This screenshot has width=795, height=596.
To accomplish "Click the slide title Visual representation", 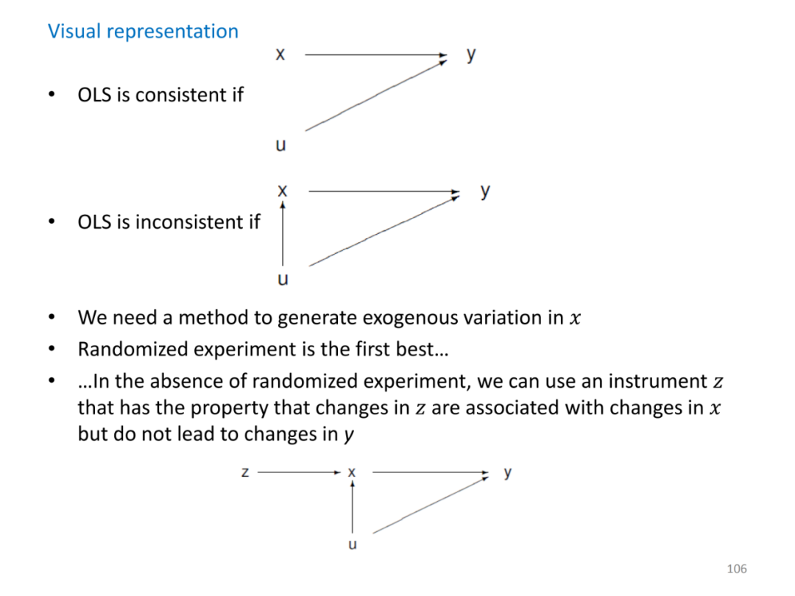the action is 143,31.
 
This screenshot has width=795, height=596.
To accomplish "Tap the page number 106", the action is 736,568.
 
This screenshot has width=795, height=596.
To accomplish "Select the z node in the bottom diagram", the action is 245,472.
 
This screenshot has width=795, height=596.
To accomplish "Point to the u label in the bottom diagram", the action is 352,545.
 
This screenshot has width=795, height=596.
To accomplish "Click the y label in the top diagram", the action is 471,54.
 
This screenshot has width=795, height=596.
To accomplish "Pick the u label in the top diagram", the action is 280,145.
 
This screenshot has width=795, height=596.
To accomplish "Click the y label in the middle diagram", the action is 485,191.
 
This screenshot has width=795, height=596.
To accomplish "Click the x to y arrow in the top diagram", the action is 375,54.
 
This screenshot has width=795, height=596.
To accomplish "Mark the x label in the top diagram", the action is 280,54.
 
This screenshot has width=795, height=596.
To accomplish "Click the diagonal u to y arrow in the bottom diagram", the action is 431,505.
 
